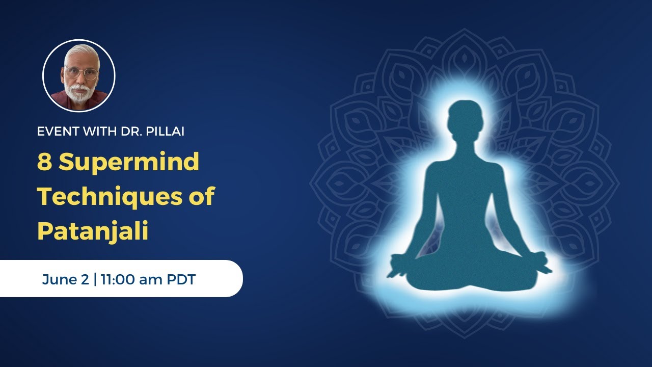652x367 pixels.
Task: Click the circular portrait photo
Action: click(79, 75)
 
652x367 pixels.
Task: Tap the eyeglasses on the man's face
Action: click(81, 73)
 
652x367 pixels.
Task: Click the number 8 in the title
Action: click(44, 163)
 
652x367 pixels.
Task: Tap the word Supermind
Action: click(128, 163)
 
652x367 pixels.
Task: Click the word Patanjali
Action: click(93, 231)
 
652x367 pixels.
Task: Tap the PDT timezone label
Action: click(181, 279)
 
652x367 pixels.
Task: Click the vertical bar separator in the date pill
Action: click(95, 279)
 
